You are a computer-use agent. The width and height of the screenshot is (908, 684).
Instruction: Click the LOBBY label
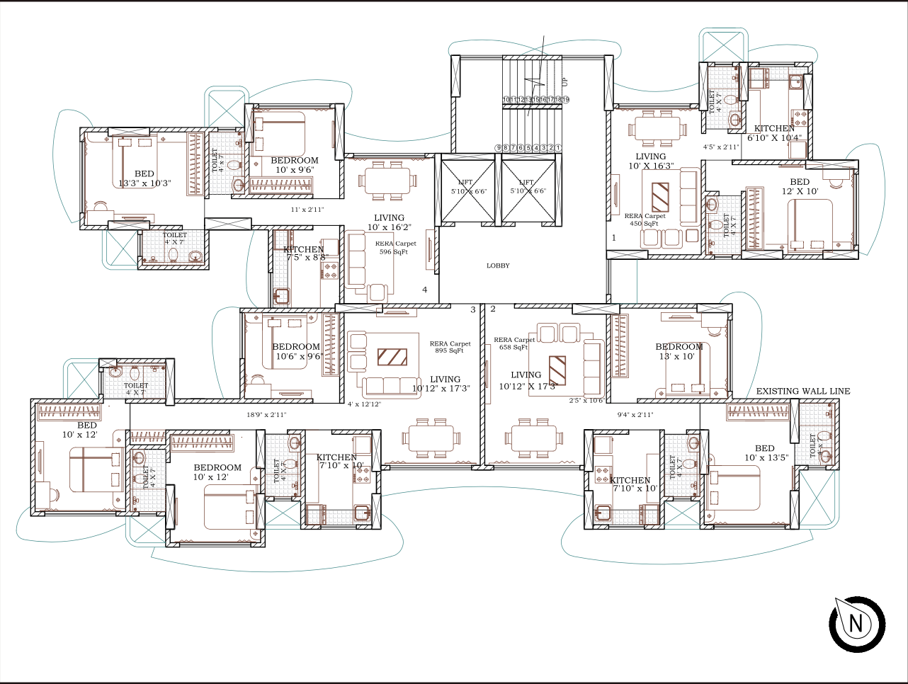point(498,266)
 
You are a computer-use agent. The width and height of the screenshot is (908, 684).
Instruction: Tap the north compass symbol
point(857,624)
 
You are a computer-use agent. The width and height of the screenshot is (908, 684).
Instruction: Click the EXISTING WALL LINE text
point(802,391)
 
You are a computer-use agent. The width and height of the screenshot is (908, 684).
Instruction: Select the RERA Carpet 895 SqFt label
point(450,347)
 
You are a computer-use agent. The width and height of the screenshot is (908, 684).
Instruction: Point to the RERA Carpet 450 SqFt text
point(645,220)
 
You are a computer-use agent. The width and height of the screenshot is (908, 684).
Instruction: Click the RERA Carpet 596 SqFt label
point(395,247)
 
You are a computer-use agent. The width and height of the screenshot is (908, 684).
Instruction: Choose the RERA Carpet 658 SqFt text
point(514,343)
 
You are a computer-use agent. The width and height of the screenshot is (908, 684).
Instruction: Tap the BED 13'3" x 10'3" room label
point(144,178)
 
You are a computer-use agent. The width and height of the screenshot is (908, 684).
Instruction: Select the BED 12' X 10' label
point(800,186)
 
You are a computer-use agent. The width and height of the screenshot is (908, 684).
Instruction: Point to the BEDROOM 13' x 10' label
point(679,351)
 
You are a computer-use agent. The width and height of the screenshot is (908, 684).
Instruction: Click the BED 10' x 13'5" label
point(765,452)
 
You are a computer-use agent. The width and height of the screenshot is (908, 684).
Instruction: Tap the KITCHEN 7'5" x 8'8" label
point(305,253)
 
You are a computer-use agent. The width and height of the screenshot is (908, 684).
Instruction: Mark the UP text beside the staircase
point(564,82)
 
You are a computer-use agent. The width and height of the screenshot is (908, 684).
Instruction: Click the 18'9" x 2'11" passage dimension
point(266,415)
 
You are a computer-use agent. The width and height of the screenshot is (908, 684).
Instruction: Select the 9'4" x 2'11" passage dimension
point(635,415)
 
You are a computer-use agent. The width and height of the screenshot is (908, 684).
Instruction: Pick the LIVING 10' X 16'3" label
point(650,161)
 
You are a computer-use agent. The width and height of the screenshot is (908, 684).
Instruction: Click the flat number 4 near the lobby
point(425,290)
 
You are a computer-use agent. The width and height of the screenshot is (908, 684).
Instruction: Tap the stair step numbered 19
point(565,100)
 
